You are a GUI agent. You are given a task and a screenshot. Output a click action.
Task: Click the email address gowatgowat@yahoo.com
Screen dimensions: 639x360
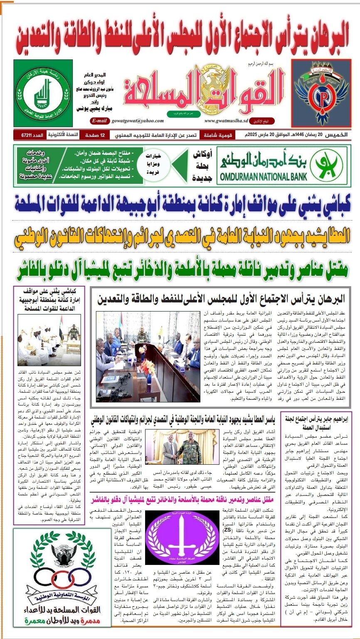click(137, 121)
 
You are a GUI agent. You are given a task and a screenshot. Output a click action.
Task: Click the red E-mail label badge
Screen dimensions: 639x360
click(99, 121)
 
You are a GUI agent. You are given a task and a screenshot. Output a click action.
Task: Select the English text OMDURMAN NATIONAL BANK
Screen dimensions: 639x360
click(264, 175)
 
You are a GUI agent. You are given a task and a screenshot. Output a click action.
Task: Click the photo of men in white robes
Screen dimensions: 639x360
click(49, 339)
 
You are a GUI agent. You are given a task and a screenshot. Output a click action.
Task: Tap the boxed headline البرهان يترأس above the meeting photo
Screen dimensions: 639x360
click(221, 298)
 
